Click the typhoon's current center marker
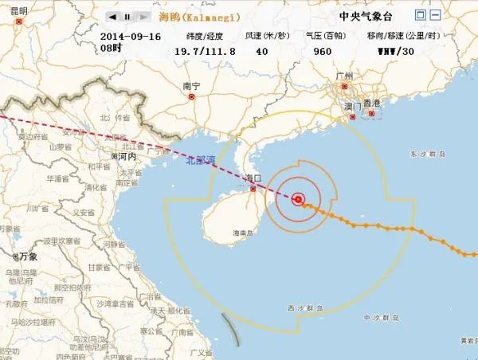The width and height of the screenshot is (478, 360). (x=299, y=199)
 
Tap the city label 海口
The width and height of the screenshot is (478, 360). (x=253, y=180)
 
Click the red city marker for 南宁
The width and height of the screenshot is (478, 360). (x=191, y=96)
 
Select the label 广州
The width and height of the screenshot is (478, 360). (x=345, y=76)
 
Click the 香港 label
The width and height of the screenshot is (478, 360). (x=371, y=104)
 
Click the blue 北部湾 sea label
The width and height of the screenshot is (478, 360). (x=201, y=160)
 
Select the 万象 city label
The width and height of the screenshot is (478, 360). (x=29, y=256)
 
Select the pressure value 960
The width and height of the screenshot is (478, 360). (x=322, y=51)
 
